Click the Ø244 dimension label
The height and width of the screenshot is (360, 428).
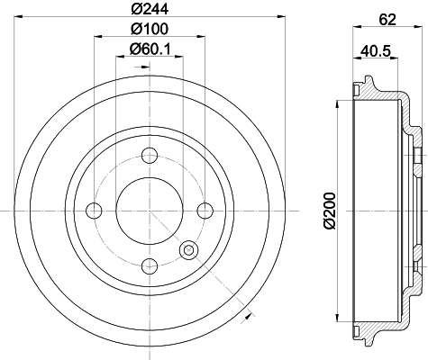pos(149,10)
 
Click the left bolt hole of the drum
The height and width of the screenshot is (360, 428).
pos(94,211)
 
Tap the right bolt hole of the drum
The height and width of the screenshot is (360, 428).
pos(205,211)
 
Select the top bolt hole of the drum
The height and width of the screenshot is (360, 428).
pos(150,156)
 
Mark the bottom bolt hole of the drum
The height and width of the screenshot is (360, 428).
pos(150,265)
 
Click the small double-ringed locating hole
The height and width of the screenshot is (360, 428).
pos(188,249)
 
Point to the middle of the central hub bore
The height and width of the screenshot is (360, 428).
pos(150,211)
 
